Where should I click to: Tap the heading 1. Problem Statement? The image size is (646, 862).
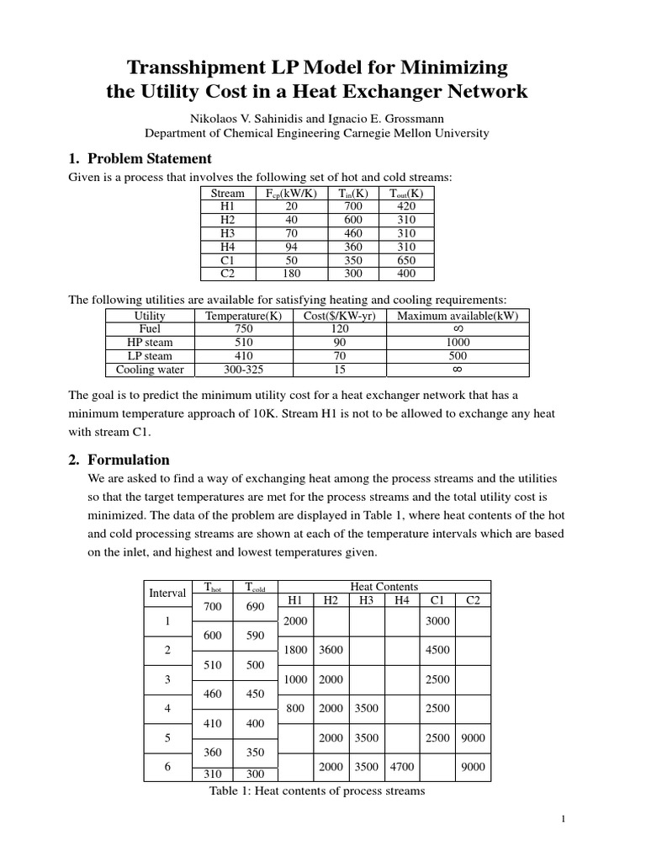(139, 159)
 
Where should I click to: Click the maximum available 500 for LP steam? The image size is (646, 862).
(458, 356)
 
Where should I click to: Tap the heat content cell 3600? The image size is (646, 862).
(331, 650)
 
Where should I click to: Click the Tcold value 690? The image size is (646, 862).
(255, 606)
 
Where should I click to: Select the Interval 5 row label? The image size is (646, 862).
(167, 737)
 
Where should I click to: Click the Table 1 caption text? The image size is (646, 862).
(316, 790)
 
